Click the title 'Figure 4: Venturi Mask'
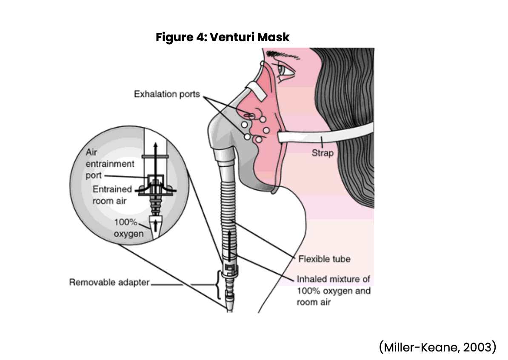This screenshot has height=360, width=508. [x=223, y=37]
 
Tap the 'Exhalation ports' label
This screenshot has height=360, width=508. [x=167, y=94]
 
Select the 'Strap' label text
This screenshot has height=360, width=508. [x=322, y=153]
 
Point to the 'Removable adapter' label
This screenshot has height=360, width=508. [x=110, y=282]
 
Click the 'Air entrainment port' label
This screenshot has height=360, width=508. [x=110, y=164]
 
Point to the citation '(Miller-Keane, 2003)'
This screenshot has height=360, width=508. [x=437, y=347]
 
